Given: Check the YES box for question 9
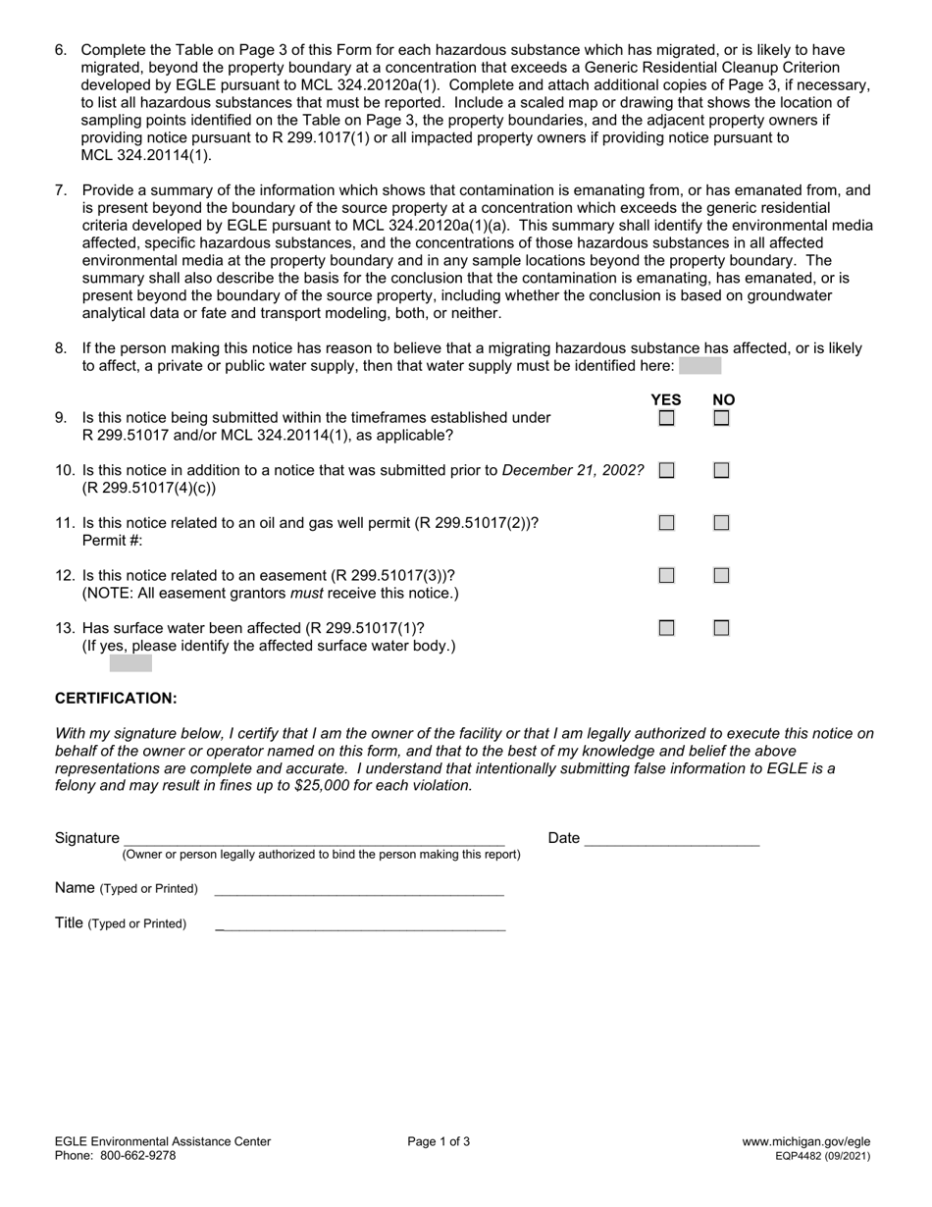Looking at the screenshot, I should (x=666, y=418).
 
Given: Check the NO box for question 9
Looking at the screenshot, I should (x=721, y=418).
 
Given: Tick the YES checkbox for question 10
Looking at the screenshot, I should (x=666, y=470).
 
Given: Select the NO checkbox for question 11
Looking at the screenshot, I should (x=721, y=523).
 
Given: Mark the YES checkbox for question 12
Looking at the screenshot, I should (x=666, y=575).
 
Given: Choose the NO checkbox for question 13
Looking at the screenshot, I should (x=721, y=628).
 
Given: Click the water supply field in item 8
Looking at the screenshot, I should (x=699, y=366).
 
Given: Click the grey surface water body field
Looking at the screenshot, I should (x=130, y=664).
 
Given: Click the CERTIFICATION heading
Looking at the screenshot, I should (x=116, y=698).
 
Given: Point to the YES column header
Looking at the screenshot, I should (x=666, y=399).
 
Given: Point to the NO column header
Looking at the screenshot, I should (x=723, y=399).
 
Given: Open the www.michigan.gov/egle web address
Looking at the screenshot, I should (x=805, y=1141).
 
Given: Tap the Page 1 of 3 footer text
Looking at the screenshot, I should (x=439, y=1141).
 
